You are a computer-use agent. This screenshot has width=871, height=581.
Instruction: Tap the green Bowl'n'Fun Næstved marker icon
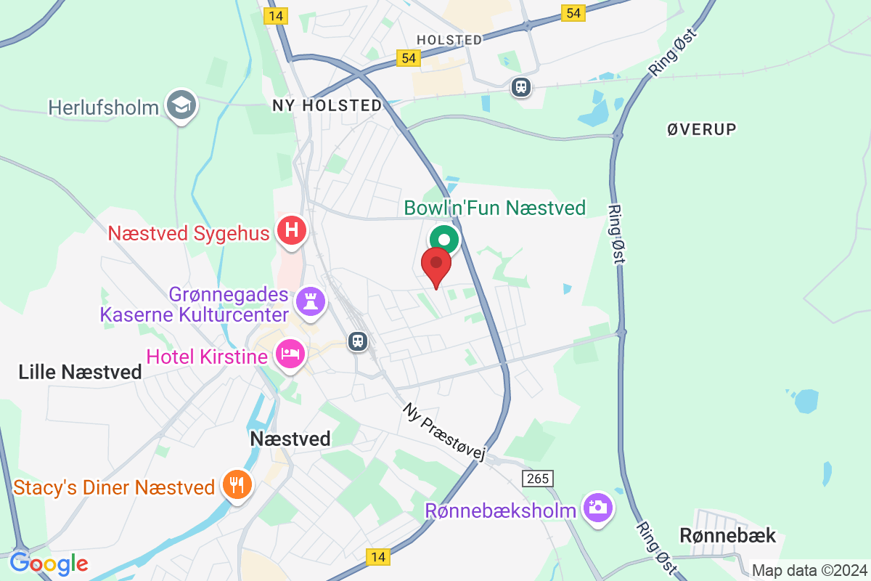click(x=444, y=239)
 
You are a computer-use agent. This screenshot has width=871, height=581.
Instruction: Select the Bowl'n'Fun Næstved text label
click(x=494, y=208)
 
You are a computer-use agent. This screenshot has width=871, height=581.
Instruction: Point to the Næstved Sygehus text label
click(x=189, y=233)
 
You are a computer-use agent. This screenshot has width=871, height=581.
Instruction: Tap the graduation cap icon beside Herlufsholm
click(x=179, y=105)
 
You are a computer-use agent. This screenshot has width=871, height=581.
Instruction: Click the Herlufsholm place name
click(x=103, y=108)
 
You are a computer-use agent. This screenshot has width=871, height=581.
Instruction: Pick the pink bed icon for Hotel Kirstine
click(x=290, y=355)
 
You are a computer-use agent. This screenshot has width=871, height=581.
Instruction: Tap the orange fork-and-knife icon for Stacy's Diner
click(x=237, y=484)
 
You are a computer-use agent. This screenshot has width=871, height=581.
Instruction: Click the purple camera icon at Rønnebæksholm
click(x=597, y=508)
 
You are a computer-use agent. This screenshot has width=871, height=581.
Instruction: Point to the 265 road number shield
click(x=537, y=479)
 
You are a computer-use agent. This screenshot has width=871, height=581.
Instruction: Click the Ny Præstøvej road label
click(x=443, y=432)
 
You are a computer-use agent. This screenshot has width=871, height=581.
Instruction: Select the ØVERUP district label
click(x=701, y=129)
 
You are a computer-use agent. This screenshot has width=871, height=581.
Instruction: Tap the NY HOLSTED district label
click(x=327, y=105)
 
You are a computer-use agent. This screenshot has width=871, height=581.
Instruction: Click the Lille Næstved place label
click(x=80, y=373)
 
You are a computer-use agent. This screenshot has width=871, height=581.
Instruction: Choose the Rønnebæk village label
click(x=728, y=536)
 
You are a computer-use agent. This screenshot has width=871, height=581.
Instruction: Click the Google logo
click(x=49, y=563)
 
